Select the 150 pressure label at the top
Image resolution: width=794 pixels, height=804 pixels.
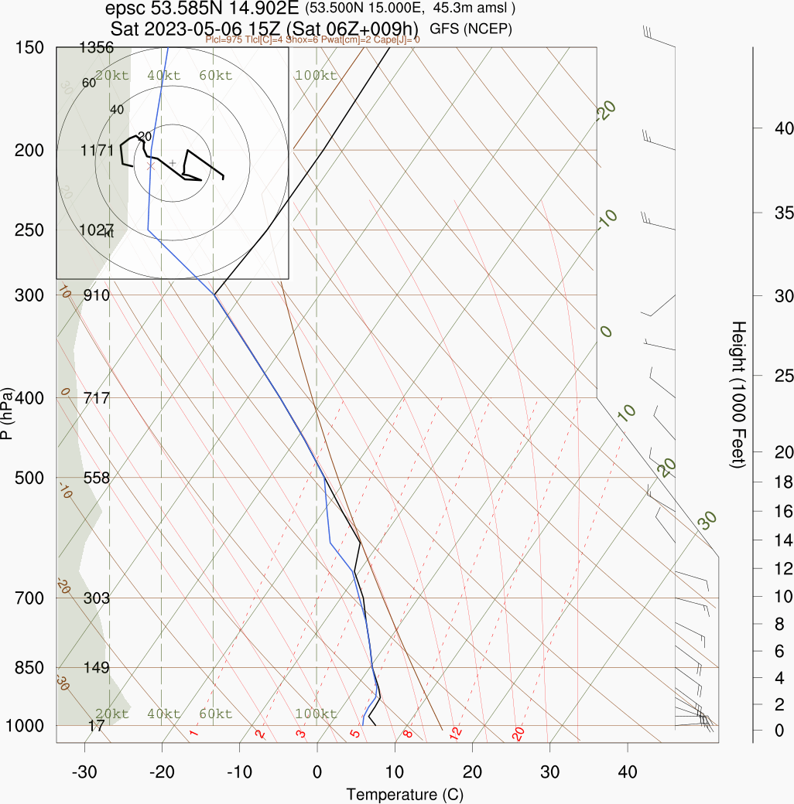coord(29,48)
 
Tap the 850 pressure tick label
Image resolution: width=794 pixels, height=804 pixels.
coord(29,667)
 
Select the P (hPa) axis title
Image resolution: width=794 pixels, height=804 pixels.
coord(7,413)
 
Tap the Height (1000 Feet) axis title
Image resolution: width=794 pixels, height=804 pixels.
coord(738,394)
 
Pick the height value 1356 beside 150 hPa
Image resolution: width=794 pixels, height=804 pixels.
coord(96,48)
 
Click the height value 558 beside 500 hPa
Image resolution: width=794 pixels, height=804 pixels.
coord(96,478)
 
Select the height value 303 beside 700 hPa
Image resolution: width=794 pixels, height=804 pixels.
coord(96,598)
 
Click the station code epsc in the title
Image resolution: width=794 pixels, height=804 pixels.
coord(123,9)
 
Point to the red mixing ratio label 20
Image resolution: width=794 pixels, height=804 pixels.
coord(518,733)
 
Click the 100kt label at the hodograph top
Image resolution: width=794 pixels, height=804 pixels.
coord(316,76)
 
